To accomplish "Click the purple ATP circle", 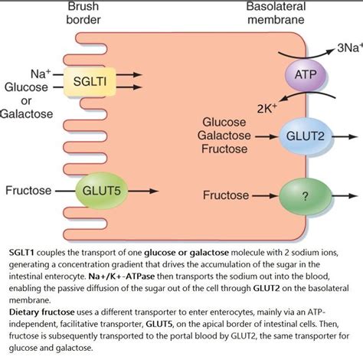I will pyautogui.click(x=300, y=77).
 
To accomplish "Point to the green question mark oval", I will pyautogui.click(x=305, y=195).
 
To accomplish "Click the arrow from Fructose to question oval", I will pyautogui.click(x=263, y=195).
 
